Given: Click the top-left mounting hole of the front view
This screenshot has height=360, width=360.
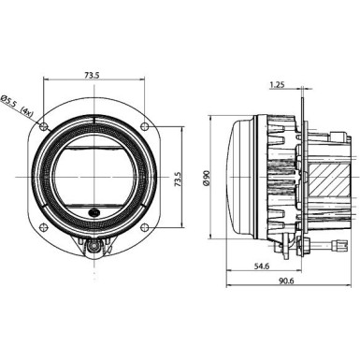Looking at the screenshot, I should pos(40,125).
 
